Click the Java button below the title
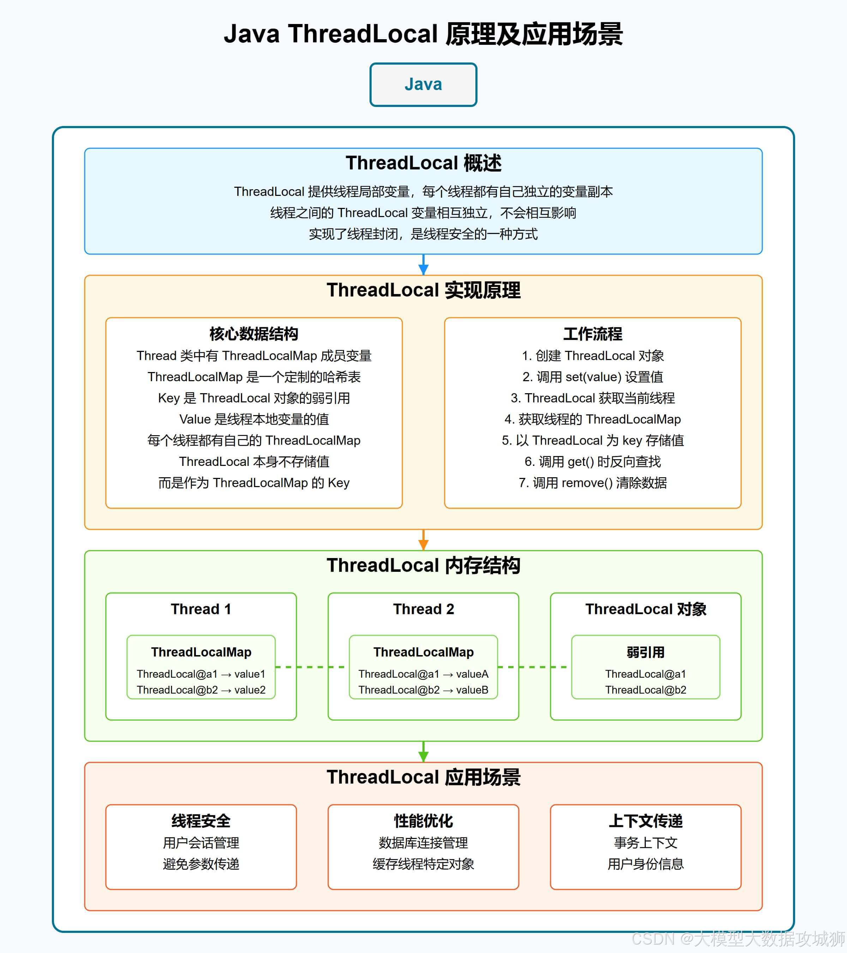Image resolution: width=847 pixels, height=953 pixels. coord(423,84)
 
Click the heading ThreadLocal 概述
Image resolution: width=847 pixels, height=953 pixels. coord(423,163)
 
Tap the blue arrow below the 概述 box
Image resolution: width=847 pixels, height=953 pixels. coord(423,265)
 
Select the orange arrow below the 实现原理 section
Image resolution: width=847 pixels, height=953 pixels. coord(423,540)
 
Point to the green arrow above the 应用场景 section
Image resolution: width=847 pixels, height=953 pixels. coord(423,751)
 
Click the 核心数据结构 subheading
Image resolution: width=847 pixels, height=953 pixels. coord(254,334)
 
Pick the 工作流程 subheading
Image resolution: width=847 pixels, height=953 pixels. coord(593,334)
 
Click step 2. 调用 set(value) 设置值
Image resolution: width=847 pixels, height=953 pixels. coord(593,377)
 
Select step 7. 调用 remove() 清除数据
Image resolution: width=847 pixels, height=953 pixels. coord(593,483)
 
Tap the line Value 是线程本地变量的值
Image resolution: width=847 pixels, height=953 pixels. coord(254,419)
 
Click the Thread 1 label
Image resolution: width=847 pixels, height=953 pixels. coord(201,609)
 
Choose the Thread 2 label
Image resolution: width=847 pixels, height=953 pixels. coord(423,609)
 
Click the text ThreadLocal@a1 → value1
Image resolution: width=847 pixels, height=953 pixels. coord(201,674)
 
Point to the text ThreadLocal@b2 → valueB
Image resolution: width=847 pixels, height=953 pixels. coord(423,690)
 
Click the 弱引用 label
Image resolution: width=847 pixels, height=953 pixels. coord(645,652)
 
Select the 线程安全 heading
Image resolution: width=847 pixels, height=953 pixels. coord(201,821)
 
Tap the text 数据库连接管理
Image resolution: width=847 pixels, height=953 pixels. coord(423,843)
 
